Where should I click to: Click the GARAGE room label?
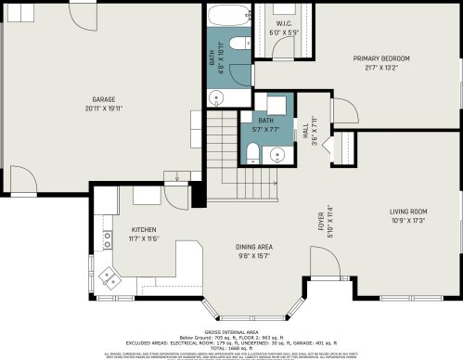pos(103,98)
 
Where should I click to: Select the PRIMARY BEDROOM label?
pos(380,58)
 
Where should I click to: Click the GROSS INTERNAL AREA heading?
pos(231,331)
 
